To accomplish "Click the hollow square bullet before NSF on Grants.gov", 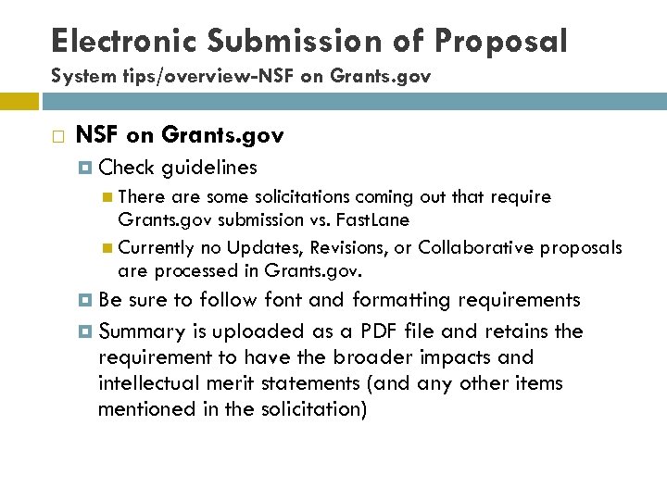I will pos(58,137).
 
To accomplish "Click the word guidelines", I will pos(208,168).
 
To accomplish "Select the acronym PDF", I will pos(377,331).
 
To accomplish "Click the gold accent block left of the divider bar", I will pos(19,100).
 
